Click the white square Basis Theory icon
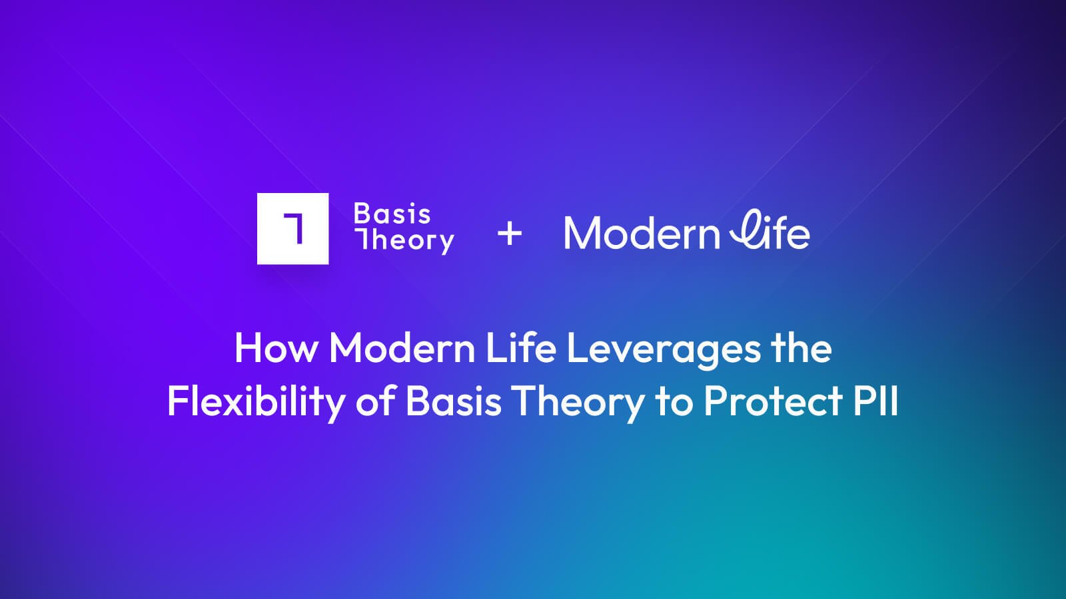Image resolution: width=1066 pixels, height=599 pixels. coord(292,229)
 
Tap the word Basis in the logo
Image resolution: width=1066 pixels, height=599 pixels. coord(392,214)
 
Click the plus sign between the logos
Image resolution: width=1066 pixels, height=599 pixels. coord(510,234)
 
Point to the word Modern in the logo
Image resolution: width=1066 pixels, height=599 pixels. coord(642,233)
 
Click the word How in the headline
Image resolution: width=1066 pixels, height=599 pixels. coord(276,348)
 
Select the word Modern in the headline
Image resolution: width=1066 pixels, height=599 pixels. coord(402,348)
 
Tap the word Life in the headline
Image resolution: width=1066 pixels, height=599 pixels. coord(521,348)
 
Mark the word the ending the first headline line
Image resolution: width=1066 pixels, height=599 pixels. coord(802,348)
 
